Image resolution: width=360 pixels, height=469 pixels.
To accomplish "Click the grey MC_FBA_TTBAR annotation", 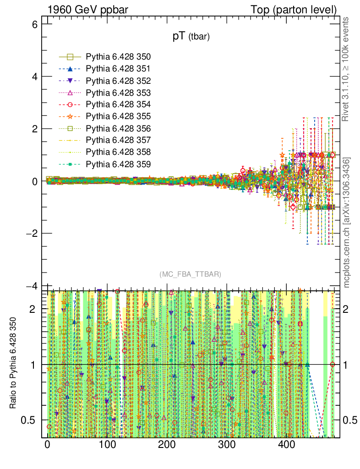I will [191, 274].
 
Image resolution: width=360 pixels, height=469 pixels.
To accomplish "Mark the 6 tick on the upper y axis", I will [33, 24].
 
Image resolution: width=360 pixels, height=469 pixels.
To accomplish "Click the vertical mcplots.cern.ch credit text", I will [347, 222].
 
